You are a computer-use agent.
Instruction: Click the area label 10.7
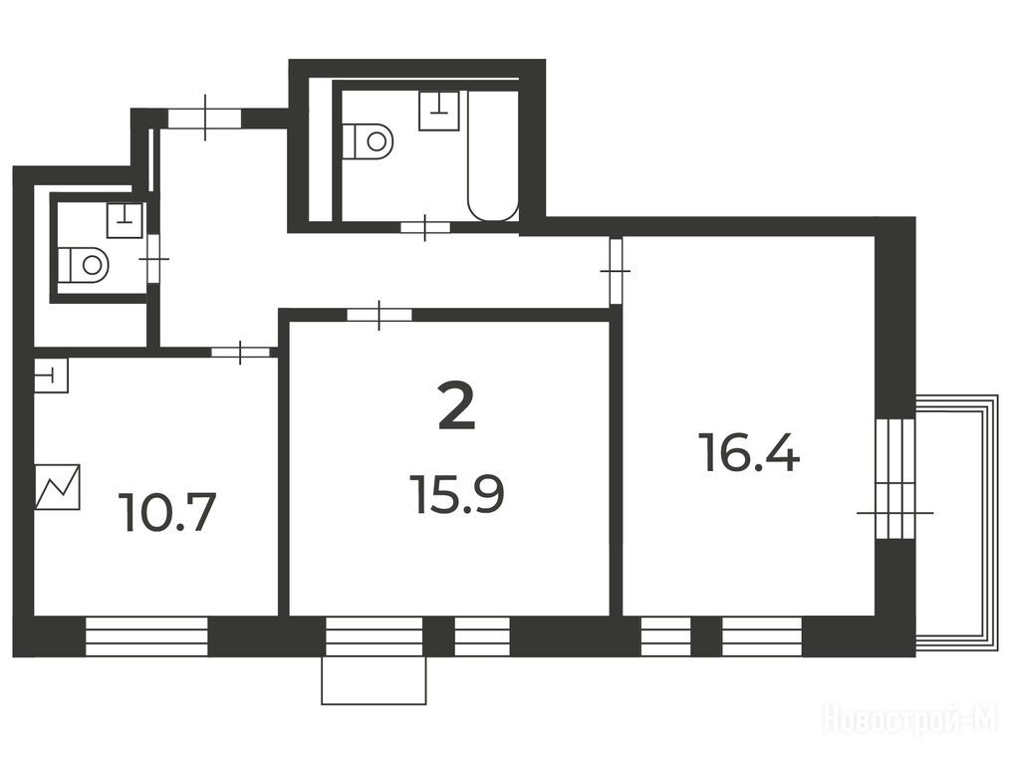click(x=167, y=512)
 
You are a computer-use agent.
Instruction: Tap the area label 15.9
click(x=459, y=495)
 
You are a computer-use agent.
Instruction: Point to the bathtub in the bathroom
click(x=493, y=155)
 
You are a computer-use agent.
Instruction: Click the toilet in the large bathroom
click(x=367, y=141)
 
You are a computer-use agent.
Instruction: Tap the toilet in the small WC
click(x=84, y=264)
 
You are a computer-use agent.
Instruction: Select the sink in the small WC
click(x=125, y=220)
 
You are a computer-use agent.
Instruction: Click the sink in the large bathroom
click(x=438, y=111)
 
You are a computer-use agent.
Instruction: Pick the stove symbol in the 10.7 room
click(x=58, y=487)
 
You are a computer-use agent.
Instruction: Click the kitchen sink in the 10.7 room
click(x=51, y=375)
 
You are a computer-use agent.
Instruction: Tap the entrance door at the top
click(x=204, y=119)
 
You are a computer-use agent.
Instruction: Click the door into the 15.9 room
click(x=379, y=315)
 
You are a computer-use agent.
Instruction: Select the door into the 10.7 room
click(x=240, y=353)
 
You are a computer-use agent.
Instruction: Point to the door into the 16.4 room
click(x=616, y=271)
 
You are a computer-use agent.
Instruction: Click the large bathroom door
click(x=425, y=227)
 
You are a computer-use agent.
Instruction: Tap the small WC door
click(x=153, y=259)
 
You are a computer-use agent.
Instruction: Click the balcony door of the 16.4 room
click(x=895, y=478)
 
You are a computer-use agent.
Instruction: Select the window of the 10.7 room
click(x=147, y=637)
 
